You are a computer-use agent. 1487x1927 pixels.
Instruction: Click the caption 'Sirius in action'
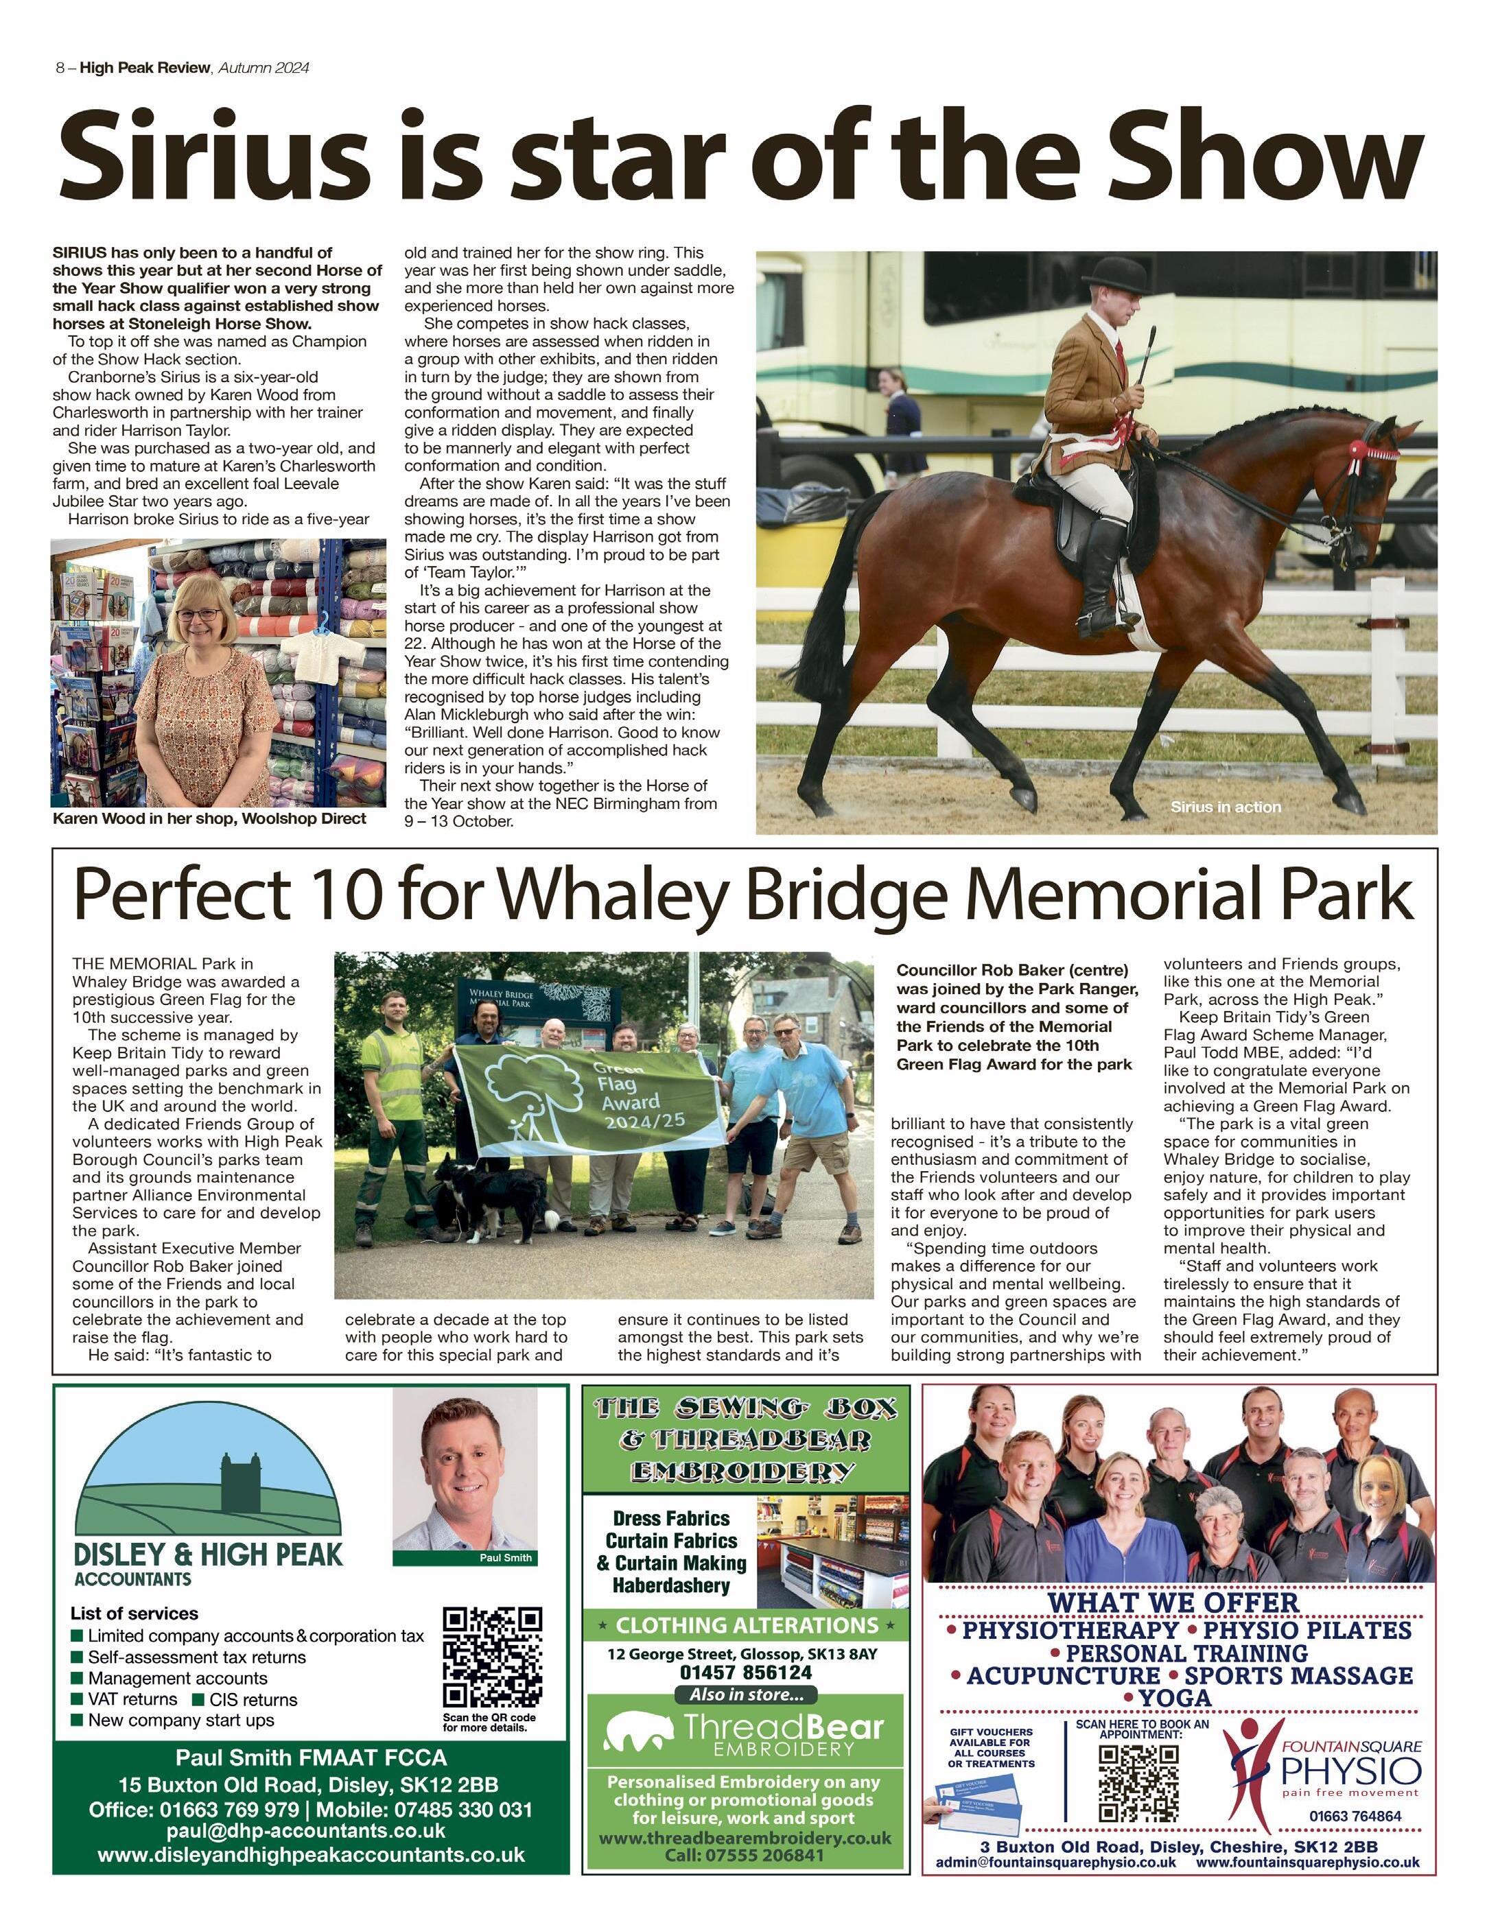tap(1225, 807)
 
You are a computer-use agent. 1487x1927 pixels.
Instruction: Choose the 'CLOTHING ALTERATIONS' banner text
tap(747, 1624)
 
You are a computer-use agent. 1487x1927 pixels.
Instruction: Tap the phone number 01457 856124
tap(746, 1672)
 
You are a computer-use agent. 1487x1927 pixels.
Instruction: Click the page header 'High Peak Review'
tap(145, 68)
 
